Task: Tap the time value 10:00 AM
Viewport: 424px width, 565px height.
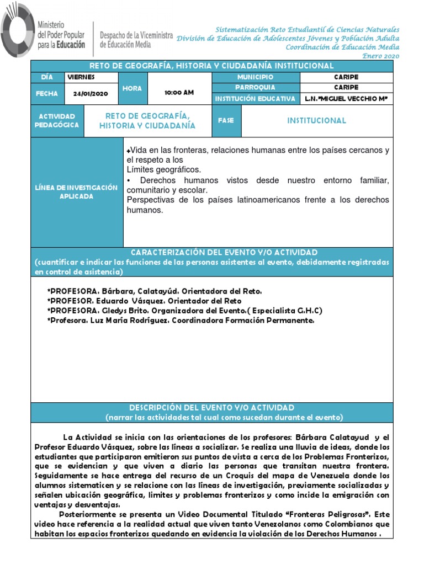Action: [179, 93]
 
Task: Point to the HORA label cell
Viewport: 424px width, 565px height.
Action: [132, 88]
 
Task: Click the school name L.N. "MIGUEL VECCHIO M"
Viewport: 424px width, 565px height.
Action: [346, 99]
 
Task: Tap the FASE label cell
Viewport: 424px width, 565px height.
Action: [226, 120]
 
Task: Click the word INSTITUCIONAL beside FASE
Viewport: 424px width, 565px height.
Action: [317, 120]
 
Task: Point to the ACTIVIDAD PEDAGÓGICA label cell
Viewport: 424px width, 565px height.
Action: [57, 121]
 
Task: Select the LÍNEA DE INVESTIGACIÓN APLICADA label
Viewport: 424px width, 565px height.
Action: [77, 192]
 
